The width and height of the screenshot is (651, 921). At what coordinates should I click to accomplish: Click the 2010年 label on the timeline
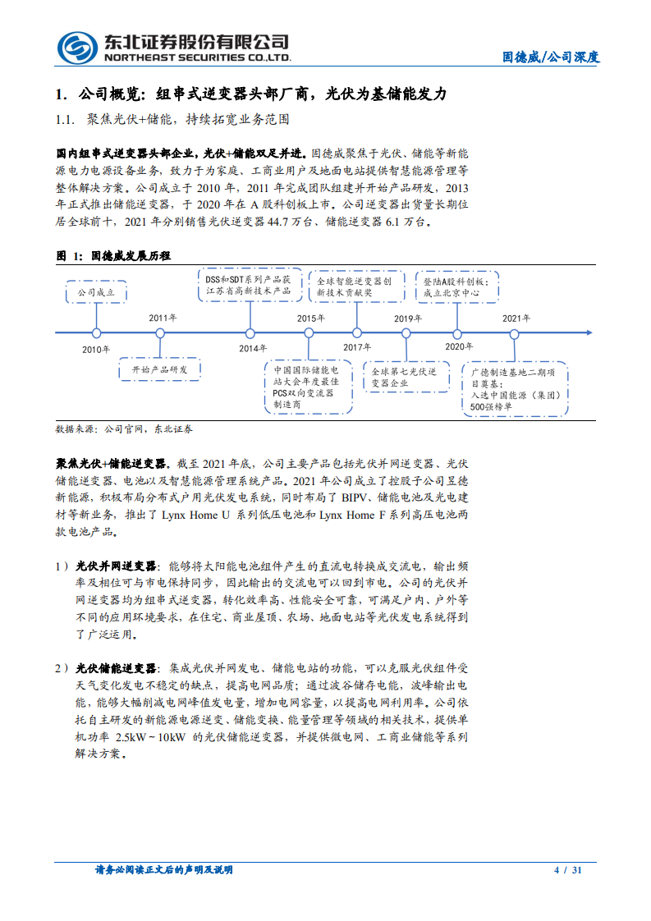[95, 350]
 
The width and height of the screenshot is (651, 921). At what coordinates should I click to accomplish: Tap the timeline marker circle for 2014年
[250, 332]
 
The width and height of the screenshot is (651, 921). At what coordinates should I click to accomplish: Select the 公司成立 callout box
[95, 291]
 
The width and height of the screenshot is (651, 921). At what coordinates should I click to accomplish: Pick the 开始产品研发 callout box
[160, 370]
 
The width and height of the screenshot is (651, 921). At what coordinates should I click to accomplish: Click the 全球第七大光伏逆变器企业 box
[403, 378]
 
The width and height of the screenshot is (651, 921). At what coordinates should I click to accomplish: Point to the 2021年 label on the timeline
[516, 318]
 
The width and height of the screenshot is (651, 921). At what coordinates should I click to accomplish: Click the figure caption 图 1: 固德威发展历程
[113, 256]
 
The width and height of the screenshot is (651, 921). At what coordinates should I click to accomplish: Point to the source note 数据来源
[124, 429]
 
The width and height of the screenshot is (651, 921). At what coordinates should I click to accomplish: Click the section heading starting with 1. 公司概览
[250, 94]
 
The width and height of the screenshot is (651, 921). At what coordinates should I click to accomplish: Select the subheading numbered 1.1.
[172, 120]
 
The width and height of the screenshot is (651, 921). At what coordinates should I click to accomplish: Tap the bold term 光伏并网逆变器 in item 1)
[116, 566]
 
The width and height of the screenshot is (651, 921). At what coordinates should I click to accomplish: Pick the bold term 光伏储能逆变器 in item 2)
[116, 668]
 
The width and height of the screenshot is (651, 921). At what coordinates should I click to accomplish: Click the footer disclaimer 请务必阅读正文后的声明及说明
[164, 870]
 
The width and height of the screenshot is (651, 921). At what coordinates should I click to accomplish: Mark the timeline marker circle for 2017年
[357, 332]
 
